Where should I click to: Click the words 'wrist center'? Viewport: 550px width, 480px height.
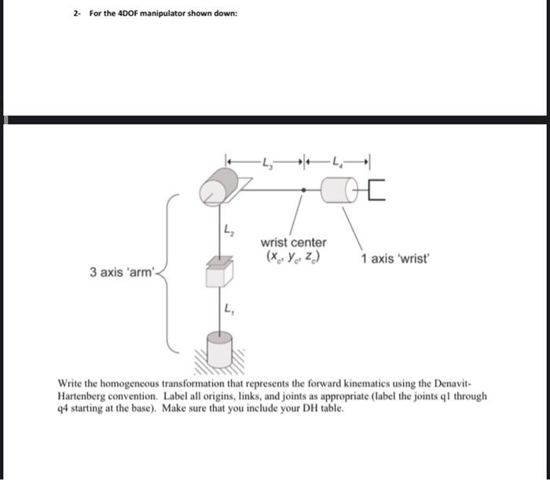pos(293,242)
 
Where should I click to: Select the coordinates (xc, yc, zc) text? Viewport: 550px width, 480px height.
pos(293,257)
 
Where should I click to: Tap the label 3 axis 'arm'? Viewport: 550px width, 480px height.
pos(124,273)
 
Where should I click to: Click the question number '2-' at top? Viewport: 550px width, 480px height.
pos(77,14)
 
